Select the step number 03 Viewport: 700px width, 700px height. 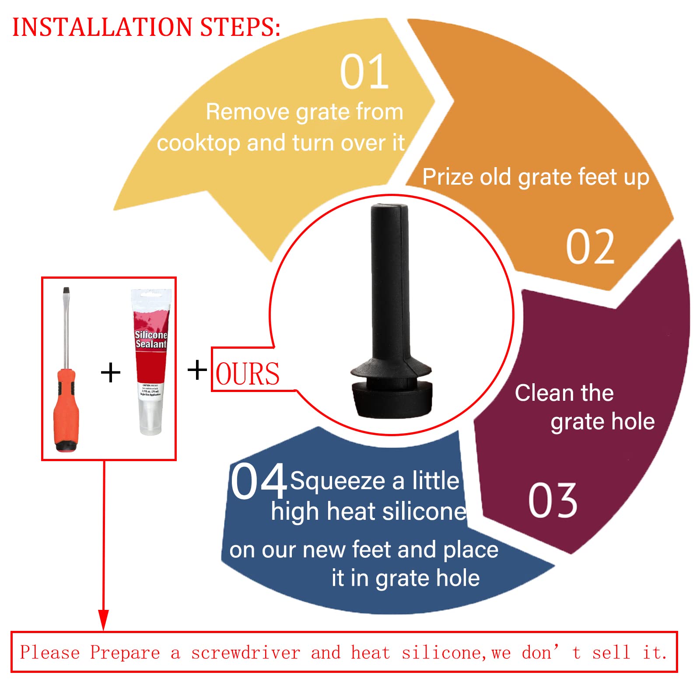click(x=553, y=500)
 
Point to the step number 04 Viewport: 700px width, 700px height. click(x=259, y=481)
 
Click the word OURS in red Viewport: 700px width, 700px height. click(x=247, y=374)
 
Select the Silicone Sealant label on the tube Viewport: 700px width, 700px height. click(x=151, y=339)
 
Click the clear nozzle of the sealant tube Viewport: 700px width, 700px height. click(x=150, y=418)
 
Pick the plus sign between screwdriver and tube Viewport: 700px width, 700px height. click(x=110, y=372)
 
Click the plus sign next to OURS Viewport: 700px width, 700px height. click(x=197, y=370)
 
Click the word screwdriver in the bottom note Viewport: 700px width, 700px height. click(x=245, y=653)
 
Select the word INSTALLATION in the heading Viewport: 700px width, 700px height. click(x=102, y=27)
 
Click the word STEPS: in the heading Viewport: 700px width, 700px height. click(x=240, y=27)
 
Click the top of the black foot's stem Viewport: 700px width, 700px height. click(x=389, y=210)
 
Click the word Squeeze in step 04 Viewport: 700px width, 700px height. click(x=337, y=481)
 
